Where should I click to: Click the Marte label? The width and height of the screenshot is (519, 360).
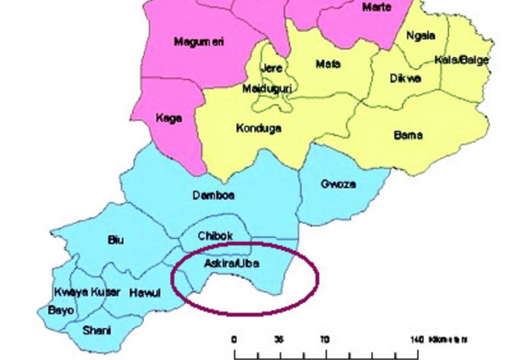pyautogui.click(x=375, y=8)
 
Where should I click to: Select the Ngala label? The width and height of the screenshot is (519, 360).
pyautogui.click(x=420, y=35)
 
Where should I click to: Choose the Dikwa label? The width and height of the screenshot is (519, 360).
pyautogui.click(x=407, y=78)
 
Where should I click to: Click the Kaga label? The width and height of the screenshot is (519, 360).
pyautogui.click(x=169, y=118)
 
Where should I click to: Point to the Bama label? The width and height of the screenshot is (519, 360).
pyautogui.click(x=407, y=136)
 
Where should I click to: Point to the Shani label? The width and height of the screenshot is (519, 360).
pyautogui.click(x=95, y=330)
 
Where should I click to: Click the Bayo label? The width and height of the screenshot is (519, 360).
pyautogui.click(x=61, y=308)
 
